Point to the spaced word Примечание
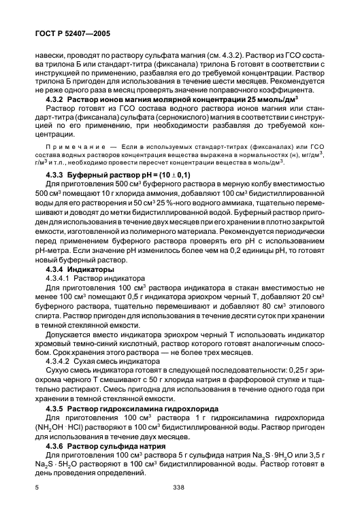[x=77, y=146]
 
